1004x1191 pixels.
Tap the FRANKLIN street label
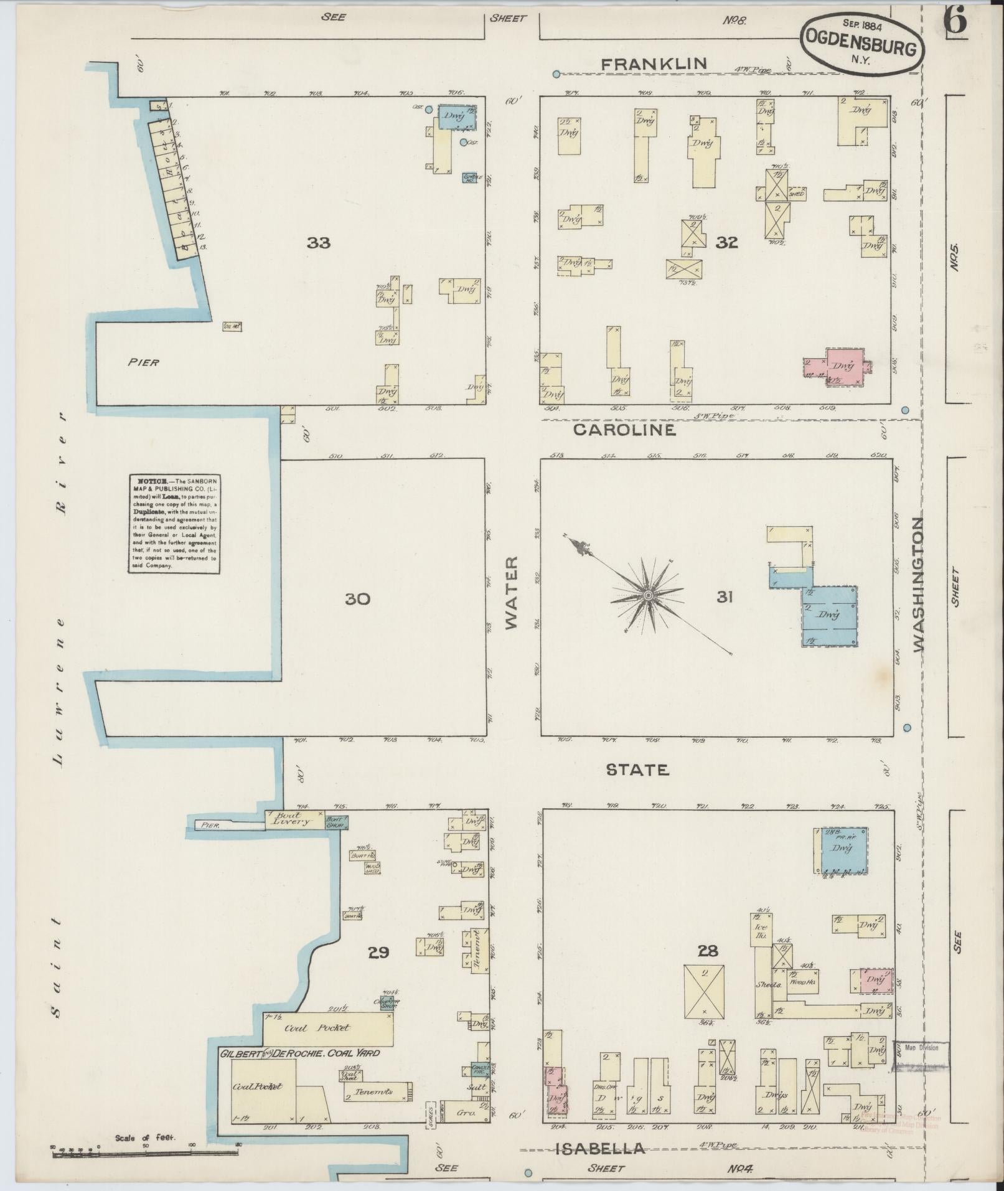654,63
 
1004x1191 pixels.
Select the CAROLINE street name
624,430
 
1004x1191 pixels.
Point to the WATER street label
512,593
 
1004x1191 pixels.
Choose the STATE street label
638,770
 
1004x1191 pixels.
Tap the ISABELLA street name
600,1149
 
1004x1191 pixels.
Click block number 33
318,243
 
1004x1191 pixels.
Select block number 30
357,599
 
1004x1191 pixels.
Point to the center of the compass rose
648,596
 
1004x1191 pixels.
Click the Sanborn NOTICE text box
174,524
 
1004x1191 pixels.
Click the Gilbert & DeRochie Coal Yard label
299,1053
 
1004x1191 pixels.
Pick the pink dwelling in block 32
845,366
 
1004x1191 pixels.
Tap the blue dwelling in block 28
840,850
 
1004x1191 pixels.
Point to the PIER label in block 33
144,362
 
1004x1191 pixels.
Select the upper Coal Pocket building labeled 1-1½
327,1029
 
